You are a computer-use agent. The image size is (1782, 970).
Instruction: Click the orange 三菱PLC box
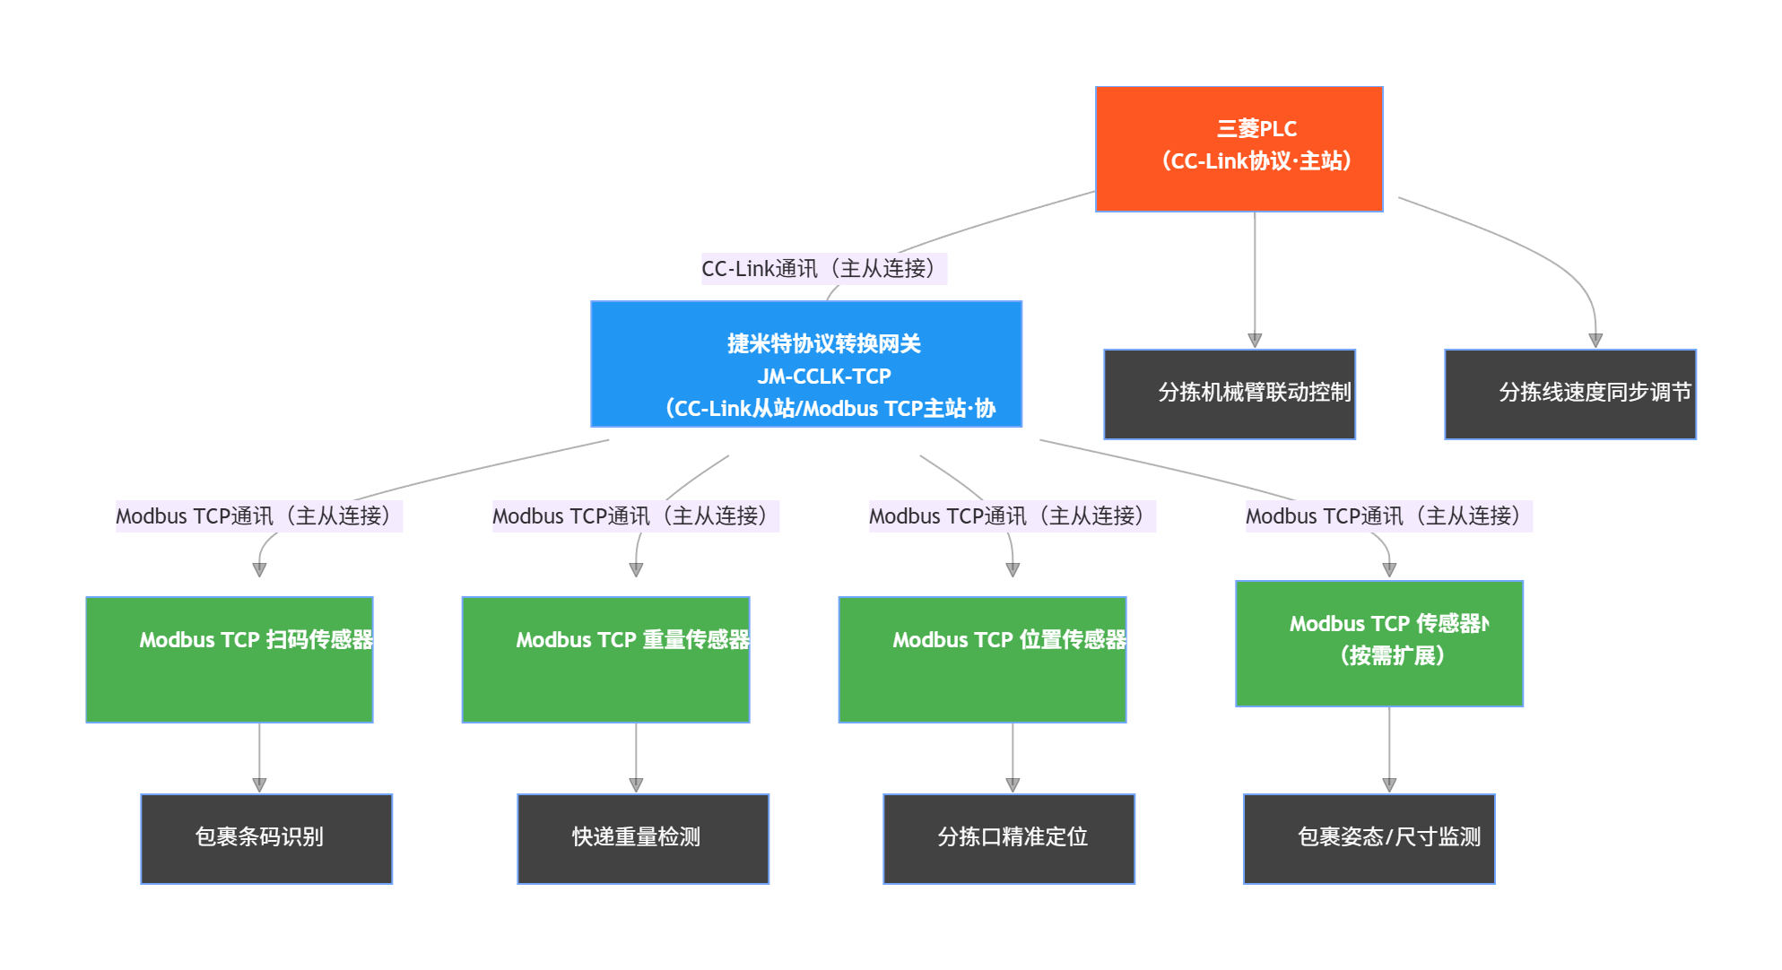pyautogui.click(x=1239, y=149)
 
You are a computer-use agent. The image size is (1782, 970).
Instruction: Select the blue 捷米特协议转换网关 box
pyautogui.click(x=805, y=363)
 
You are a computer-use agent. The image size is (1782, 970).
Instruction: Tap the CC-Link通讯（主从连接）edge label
pyautogui.click(x=823, y=268)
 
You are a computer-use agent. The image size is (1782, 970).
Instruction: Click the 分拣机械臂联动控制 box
pyautogui.click(x=1229, y=394)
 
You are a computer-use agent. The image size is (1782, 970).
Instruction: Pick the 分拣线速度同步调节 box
pyautogui.click(x=1569, y=394)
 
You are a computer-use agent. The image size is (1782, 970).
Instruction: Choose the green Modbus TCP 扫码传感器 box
pyautogui.click(x=229, y=659)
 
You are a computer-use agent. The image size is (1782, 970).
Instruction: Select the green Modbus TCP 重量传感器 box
pyautogui.click(x=605, y=659)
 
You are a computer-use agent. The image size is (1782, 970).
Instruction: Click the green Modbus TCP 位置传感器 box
pyautogui.click(x=982, y=659)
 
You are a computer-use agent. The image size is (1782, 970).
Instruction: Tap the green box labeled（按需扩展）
pyautogui.click(x=1378, y=644)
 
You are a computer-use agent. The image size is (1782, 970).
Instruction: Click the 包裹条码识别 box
pyautogui.click(x=266, y=838)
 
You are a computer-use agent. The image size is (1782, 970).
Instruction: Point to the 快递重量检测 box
pyautogui.click(x=642, y=838)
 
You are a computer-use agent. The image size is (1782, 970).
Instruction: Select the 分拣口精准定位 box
pyautogui.click(x=1008, y=838)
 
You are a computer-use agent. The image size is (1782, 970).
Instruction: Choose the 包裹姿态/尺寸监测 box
pyautogui.click(x=1369, y=838)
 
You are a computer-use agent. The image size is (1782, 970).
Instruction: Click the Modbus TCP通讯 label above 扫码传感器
pyautogui.click(x=258, y=515)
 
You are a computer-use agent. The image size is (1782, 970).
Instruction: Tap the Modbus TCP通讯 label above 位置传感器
pyautogui.click(x=1012, y=515)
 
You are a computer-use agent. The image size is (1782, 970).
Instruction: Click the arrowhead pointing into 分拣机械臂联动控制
pyautogui.click(x=1255, y=341)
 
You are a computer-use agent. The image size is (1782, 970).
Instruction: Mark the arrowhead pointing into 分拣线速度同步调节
pyautogui.click(x=1595, y=341)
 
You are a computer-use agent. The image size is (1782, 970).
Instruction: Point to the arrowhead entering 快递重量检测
pyautogui.click(x=636, y=784)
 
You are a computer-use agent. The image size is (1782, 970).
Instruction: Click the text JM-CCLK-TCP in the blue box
pyautogui.click(x=823, y=376)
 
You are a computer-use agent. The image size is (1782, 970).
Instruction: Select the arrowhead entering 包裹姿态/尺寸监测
pyautogui.click(x=1389, y=784)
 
